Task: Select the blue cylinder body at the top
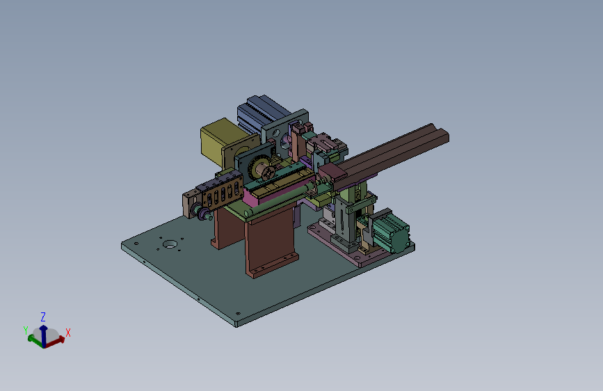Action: [261, 111]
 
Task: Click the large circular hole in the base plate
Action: [170, 244]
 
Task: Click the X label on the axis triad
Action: [68, 333]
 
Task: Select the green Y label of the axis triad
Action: [26, 330]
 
